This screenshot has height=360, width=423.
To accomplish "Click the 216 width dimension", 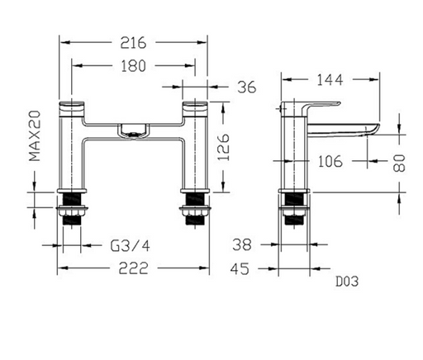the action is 133,43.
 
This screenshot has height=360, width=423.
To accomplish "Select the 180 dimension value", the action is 133,66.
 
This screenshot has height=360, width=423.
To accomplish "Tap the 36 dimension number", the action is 247,88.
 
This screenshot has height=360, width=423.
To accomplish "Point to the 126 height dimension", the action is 223,147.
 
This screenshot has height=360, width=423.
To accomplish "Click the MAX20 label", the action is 35,135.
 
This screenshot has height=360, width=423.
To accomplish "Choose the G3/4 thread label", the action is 130,246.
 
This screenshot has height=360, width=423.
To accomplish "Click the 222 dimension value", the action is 133,268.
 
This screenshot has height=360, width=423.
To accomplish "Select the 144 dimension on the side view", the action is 330,80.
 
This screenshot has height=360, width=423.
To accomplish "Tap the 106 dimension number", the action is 330,161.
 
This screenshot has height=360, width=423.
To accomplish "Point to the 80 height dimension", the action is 399,163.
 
